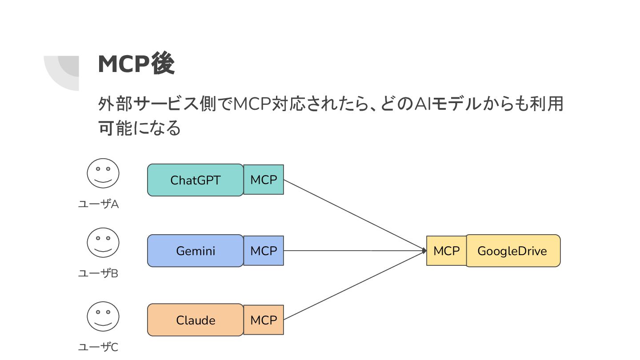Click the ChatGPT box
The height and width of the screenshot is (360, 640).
(196, 180)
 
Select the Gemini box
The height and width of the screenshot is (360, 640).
(196, 251)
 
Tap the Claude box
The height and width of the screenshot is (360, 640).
(196, 320)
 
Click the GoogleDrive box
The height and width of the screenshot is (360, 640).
(513, 251)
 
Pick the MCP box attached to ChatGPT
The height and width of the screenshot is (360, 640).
(264, 180)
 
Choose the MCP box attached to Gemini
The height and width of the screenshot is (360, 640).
(264, 251)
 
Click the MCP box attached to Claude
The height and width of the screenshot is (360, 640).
(264, 320)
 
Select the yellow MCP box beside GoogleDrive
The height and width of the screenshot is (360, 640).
(447, 251)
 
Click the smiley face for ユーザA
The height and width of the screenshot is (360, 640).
(103, 173)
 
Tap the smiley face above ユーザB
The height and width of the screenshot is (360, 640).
(103, 243)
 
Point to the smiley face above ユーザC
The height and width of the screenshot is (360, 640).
(103, 316)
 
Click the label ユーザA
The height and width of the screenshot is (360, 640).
(98, 204)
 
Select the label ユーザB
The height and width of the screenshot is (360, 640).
(98, 274)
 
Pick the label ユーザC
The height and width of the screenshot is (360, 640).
(98, 347)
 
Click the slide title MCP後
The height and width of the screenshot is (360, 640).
(136, 64)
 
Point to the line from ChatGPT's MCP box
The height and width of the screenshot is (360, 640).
(355, 215)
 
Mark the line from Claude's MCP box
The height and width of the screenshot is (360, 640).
(355, 285)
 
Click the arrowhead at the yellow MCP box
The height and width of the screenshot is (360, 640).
(424, 251)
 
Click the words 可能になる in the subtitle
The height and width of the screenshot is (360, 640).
(140, 128)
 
